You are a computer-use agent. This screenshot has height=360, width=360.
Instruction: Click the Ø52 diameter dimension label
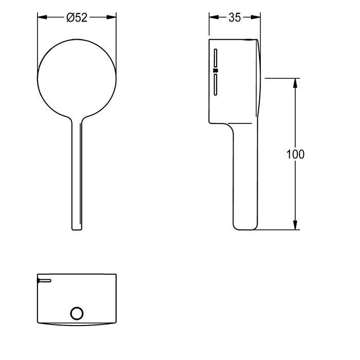[77, 17]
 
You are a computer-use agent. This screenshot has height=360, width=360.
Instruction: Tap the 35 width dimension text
[235, 17]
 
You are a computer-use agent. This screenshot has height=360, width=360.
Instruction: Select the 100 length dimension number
[295, 154]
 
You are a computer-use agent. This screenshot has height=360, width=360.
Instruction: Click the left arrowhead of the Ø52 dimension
[42, 17]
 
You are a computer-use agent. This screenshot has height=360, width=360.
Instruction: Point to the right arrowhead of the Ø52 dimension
[112, 17]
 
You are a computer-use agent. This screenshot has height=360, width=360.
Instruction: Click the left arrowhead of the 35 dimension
[214, 17]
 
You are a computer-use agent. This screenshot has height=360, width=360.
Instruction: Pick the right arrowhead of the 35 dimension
[256, 17]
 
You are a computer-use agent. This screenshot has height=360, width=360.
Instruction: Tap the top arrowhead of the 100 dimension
[295, 83]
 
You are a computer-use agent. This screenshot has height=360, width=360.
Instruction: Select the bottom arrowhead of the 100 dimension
[295, 225]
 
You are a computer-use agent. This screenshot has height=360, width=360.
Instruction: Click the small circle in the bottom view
[77, 313]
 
